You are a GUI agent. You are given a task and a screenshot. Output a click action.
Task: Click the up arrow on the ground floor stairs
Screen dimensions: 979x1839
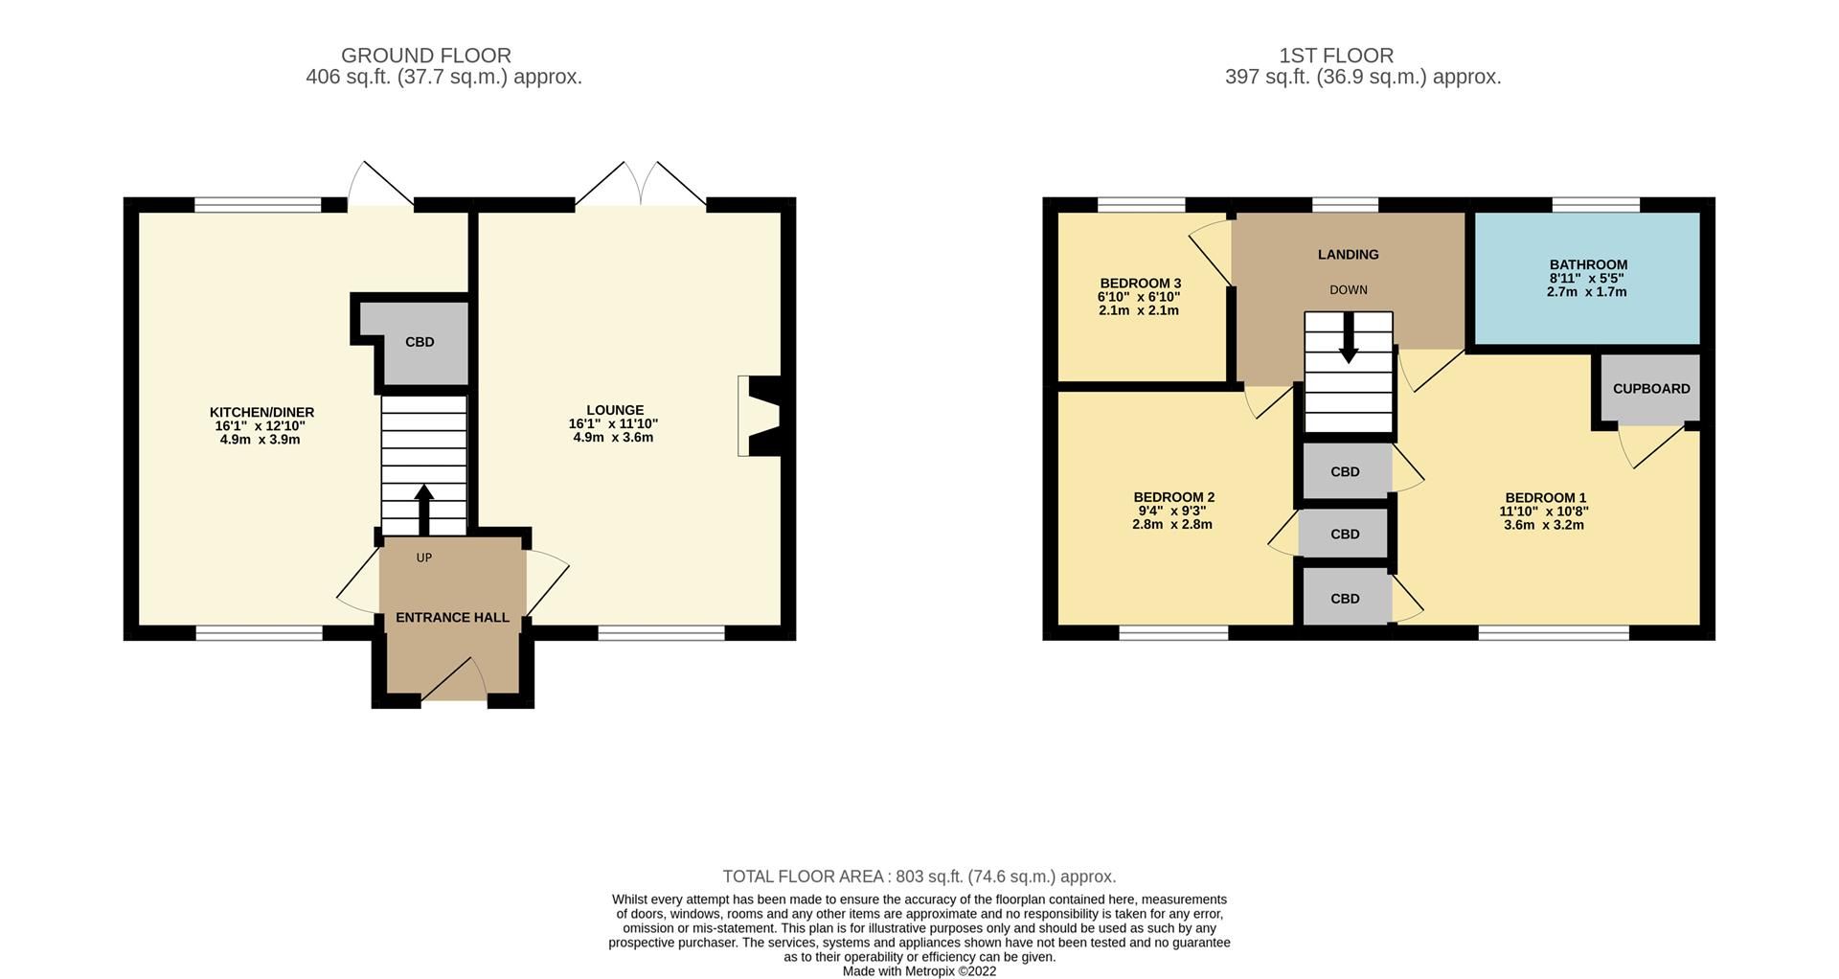tap(423, 508)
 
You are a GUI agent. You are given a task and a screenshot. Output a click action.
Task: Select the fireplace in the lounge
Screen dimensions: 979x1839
tap(761, 415)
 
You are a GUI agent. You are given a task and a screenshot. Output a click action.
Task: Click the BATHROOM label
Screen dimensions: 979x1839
tap(1587, 264)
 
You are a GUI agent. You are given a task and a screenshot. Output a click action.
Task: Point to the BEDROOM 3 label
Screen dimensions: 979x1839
tap(1139, 284)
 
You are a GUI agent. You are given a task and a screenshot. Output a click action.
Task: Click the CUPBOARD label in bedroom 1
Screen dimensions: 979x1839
tap(1650, 389)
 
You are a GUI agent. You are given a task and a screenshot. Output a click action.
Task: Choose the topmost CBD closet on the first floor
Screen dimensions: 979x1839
tap(1345, 471)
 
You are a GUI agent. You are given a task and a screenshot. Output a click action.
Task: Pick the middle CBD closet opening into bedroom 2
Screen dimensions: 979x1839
tap(1345, 534)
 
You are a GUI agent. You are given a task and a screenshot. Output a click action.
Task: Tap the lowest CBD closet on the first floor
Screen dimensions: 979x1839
tap(1345, 599)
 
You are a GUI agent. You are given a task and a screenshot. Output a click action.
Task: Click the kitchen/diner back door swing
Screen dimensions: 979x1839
tap(381, 186)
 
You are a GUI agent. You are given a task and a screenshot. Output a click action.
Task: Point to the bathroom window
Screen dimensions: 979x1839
tap(1595, 204)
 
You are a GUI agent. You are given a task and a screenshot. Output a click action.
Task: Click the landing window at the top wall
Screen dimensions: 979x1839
tap(1344, 204)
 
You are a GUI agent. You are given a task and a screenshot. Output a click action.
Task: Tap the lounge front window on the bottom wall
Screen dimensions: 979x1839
tap(661, 632)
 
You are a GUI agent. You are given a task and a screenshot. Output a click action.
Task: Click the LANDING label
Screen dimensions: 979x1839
tap(1348, 255)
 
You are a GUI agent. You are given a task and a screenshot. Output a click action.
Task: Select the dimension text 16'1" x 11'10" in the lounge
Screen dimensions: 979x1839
tap(613, 423)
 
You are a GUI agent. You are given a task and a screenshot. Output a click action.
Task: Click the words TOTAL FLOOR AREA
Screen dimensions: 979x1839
tap(803, 877)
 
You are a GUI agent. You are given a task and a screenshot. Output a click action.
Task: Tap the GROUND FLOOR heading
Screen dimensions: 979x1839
tap(425, 56)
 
